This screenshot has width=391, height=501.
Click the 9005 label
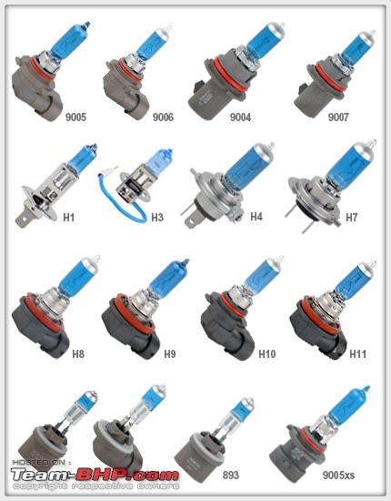tap(75, 117)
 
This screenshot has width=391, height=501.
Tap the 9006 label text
tap(163, 117)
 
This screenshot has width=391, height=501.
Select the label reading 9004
tap(240, 117)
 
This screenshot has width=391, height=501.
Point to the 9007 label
tap(338, 117)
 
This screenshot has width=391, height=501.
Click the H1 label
tap(68, 218)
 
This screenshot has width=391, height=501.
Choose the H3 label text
tap(157, 218)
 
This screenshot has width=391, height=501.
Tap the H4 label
tap(256, 216)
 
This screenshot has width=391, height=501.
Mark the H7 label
tap(352, 218)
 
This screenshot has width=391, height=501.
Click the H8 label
tap(78, 353)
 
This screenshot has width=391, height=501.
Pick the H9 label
tap(170, 353)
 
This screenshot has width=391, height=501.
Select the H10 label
tap(267, 353)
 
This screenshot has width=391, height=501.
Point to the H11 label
tap(358, 353)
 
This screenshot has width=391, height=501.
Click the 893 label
tap(231, 475)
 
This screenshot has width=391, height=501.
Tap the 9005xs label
tap(338, 475)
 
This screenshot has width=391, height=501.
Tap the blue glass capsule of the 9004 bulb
tap(264, 40)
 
